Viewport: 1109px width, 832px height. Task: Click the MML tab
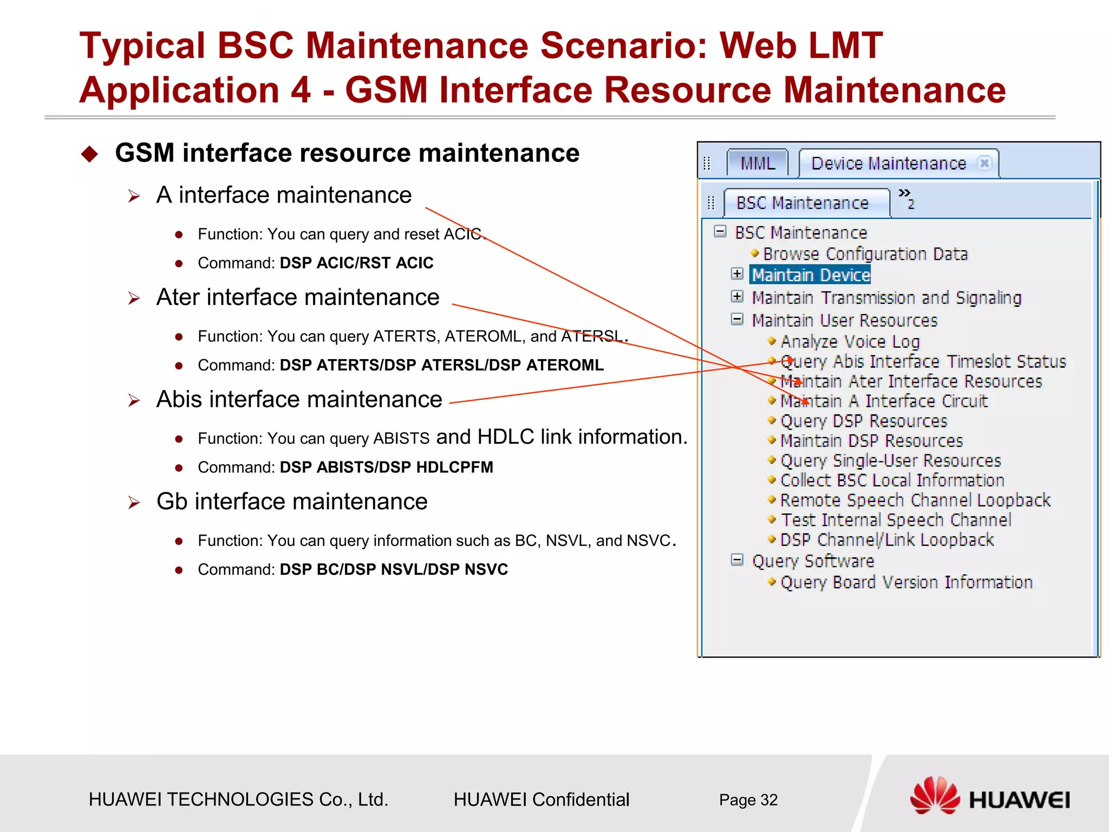pyautogui.click(x=757, y=163)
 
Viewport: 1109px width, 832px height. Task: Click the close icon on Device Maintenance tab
pyautogui.click(x=984, y=162)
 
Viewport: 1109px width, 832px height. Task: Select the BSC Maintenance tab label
pyautogui.click(x=802, y=203)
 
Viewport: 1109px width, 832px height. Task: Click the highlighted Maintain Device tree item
pyautogui.click(x=811, y=275)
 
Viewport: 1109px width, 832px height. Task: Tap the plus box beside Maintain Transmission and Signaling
pyautogui.click(x=737, y=296)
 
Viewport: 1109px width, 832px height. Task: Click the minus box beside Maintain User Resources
pyautogui.click(x=737, y=319)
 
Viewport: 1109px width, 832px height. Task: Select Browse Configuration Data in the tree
pyautogui.click(x=865, y=253)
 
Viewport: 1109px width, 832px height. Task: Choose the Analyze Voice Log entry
pyautogui.click(x=850, y=342)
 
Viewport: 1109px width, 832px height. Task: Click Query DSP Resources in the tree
pyautogui.click(x=863, y=421)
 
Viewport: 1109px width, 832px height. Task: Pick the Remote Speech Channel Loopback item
pyautogui.click(x=915, y=500)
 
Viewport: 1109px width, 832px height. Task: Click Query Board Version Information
pyautogui.click(x=906, y=582)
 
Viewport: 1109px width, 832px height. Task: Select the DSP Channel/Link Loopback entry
pyautogui.click(x=886, y=539)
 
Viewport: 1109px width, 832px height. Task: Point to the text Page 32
pyautogui.click(x=748, y=799)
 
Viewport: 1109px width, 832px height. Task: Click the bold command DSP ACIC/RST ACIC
pyautogui.click(x=356, y=263)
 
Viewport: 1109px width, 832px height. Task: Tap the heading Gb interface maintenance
pyautogui.click(x=292, y=501)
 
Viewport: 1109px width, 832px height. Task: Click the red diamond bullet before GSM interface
pyautogui.click(x=89, y=154)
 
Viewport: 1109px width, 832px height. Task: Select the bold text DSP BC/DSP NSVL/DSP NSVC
pyautogui.click(x=394, y=569)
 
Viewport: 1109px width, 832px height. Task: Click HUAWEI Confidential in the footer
pyautogui.click(x=541, y=799)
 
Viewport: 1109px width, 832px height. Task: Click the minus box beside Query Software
pyautogui.click(x=737, y=560)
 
